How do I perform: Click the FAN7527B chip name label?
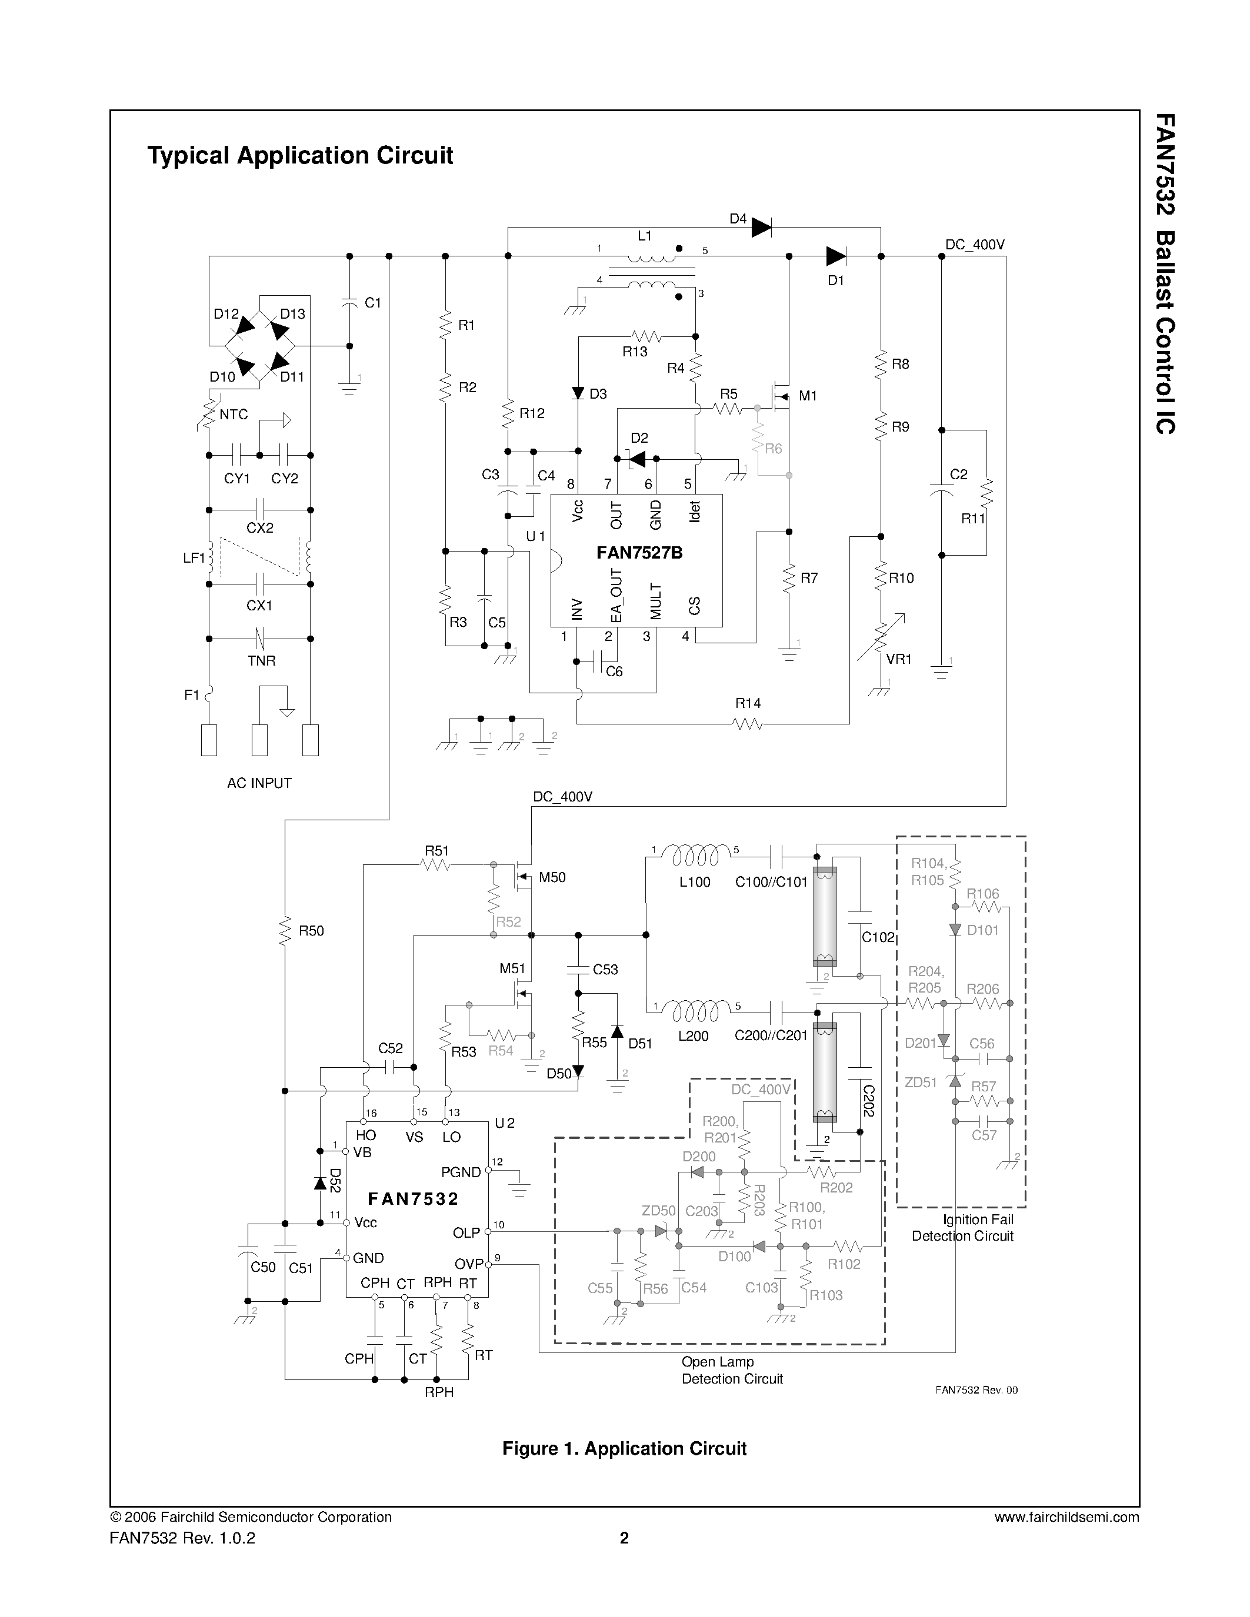[639, 553]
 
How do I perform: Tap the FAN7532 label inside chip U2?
[413, 1199]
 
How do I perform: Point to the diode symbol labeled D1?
[835, 256]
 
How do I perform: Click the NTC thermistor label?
[234, 415]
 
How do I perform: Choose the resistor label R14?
[748, 703]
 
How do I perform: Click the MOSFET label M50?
[552, 877]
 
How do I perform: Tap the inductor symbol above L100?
[694, 857]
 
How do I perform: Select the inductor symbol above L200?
[694, 1010]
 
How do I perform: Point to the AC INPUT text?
[259, 783]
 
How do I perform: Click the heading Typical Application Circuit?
[300, 155]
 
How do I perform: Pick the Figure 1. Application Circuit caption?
[624, 1448]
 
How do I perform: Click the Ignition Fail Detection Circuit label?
[963, 1228]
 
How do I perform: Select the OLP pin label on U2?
[466, 1232]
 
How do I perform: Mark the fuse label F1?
[192, 694]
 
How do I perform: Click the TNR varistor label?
[261, 660]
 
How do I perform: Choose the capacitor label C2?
[958, 475]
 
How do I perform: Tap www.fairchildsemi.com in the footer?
[1066, 1517]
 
